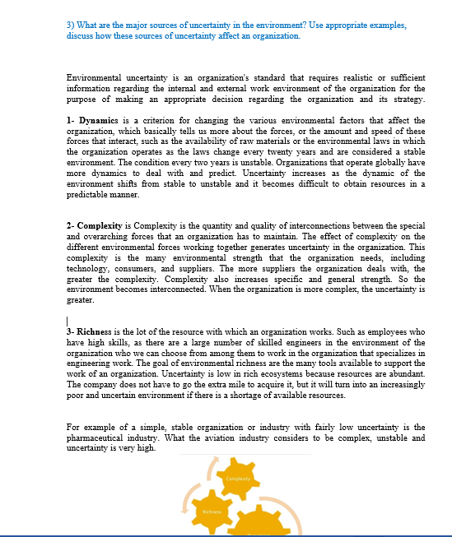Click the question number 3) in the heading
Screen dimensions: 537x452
[70, 25]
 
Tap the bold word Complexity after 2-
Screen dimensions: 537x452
[100, 225]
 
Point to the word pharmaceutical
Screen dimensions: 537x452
[91, 437]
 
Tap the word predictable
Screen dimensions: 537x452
[90, 196]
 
